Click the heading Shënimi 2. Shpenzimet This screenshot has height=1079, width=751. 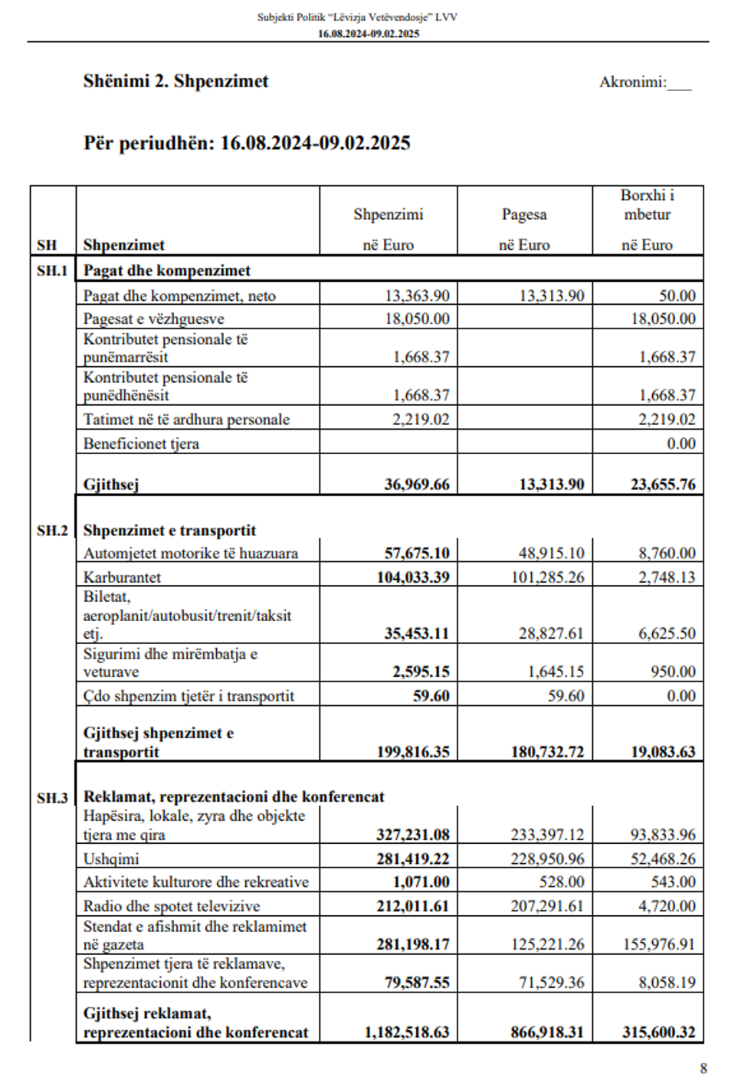click(x=175, y=81)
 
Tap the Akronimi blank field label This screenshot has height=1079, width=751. click(x=644, y=82)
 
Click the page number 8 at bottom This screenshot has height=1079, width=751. click(x=703, y=1068)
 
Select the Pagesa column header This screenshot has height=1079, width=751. click(x=524, y=214)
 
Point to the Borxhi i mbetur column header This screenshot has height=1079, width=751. click(x=648, y=204)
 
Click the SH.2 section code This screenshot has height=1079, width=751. click(x=52, y=530)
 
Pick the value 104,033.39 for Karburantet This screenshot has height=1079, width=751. click(x=412, y=577)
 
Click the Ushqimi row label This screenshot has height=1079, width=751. click(x=111, y=858)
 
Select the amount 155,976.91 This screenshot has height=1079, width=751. click(x=658, y=944)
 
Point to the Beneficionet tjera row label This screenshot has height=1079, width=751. click(x=141, y=443)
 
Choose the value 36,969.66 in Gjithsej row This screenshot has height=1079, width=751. click(x=417, y=484)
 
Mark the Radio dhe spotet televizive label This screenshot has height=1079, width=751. click(x=172, y=906)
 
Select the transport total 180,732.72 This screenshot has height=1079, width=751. click(x=547, y=751)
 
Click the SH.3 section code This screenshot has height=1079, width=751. click(x=52, y=797)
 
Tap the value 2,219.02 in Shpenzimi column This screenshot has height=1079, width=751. click(x=421, y=419)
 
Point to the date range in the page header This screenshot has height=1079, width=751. click(x=369, y=34)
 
